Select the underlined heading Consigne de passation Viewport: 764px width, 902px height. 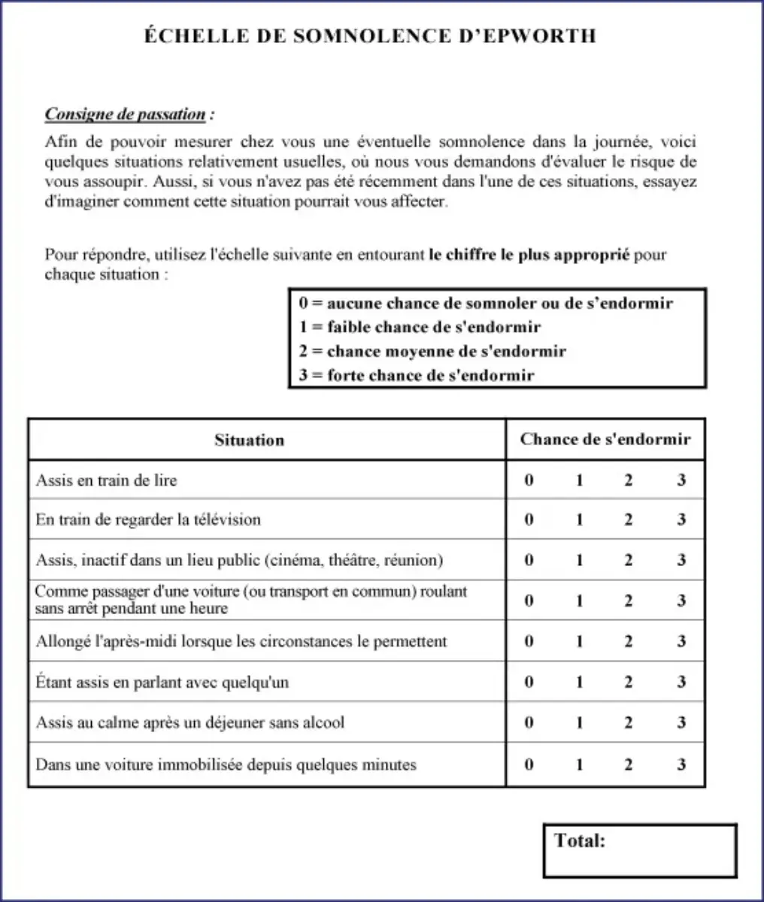pyautogui.click(x=125, y=114)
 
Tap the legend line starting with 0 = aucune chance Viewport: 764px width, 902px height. pyautogui.click(x=486, y=303)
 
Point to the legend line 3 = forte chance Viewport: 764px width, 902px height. pyautogui.click(x=417, y=376)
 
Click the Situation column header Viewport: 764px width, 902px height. pyautogui.click(x=249, y=440)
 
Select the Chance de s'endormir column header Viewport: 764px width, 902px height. pyautogui.click(x=605, y=440)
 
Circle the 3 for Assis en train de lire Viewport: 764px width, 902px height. pyautogui.click(x=681, y=480)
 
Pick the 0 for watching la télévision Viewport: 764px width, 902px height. pyautogui.click(x=529, y=519)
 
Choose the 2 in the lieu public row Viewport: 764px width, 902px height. pyautogui.click(x=629, y=560)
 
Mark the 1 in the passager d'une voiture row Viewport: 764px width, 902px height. pyautogui.click(x=579, y=601)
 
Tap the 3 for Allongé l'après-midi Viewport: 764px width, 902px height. pyautogui.click(x=681, y=641)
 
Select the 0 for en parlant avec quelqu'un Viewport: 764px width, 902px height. pyautogui.click(x=529, y=682)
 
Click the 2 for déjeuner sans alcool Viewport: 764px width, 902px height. pyautogui.click(x=629, y=722)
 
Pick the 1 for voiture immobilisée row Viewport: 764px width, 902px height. pyautogui.click(x=579, y=764)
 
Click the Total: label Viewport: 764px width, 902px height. pyautogui.click(x=579, y=840)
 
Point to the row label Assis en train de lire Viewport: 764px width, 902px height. pyautogui.click(x=106, y=480)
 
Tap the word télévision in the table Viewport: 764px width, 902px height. pyautogui.click(x=226, y=519)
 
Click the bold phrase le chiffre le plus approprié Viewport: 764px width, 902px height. pyautogui.click(x=529, y=255)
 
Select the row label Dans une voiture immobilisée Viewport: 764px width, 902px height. pyautogui.click(x=226, y=764)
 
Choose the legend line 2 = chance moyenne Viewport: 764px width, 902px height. pyautogui.click(x=432, y=351)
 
